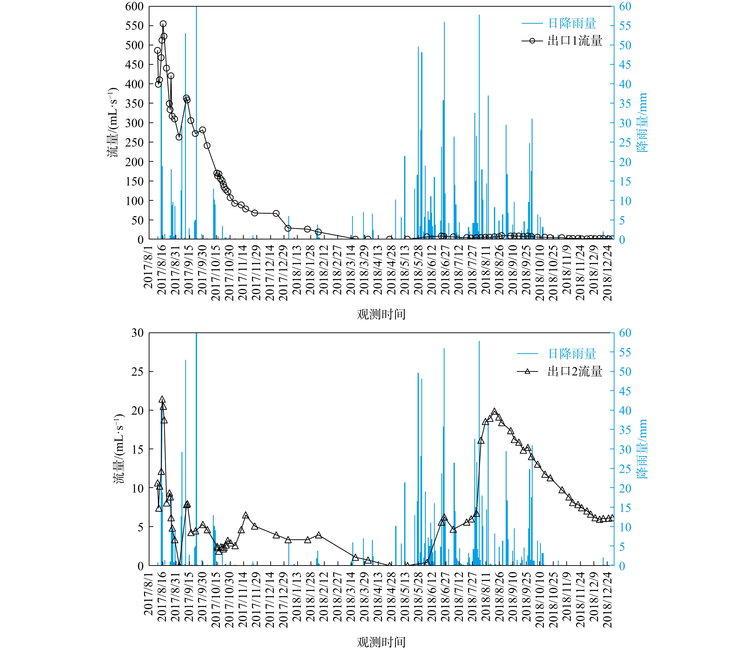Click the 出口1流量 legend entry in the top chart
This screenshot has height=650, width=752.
click(575, 41)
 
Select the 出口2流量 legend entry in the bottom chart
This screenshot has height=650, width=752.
click(575, 371)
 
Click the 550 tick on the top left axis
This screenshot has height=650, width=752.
click(134, 26)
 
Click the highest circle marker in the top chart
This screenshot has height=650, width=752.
click(163, 24)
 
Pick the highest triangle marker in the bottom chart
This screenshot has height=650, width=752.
click(162, 400)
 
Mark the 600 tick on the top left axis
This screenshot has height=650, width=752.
click(134, 6)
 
